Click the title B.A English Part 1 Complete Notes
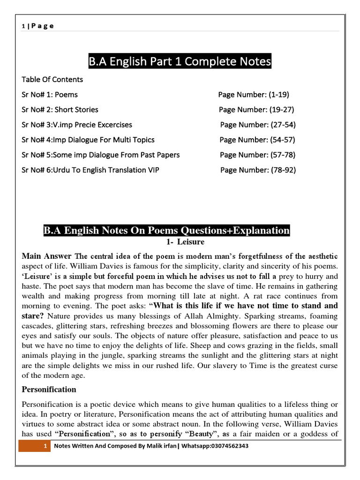tap(180, 61)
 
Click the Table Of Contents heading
tap(52, 79)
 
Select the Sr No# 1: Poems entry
tap(50, 94)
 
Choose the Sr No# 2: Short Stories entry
tap(60, 109)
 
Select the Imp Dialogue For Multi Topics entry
tap(88, 140)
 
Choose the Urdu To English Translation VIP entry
tap(90, 170)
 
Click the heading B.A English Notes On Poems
tap(166, 231)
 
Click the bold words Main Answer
tap(46, 256)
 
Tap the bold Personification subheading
tap(49, 390)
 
